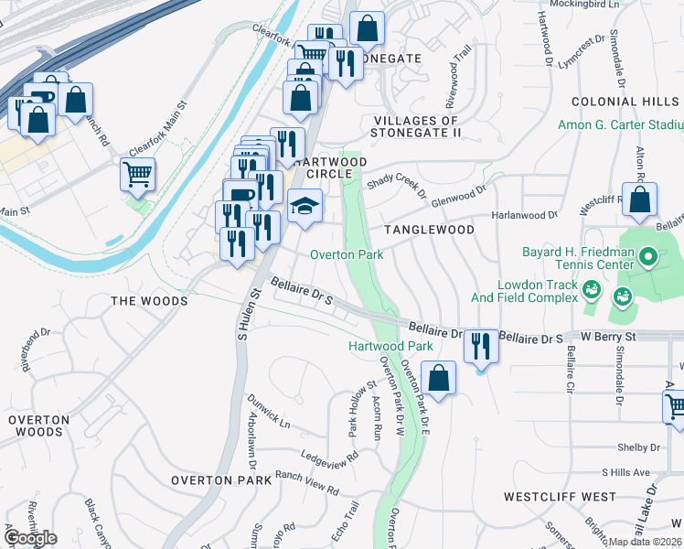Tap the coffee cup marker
click(x=240, y=195)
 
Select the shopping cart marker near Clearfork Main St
click(x=137, y=173)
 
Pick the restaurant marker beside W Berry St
click(x=481, y=346)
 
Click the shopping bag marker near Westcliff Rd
click(x=640, y=199)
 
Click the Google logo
click(x=29, y=538)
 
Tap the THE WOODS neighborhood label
click(x=149, y=301)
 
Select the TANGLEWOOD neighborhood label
click(x=429, y=230)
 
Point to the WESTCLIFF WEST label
click(x=560, y=497)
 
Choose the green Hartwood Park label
click(x=390, y=347)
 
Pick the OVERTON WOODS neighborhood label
click(x=38, y=425)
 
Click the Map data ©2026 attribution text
click(x=645, y=542)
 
